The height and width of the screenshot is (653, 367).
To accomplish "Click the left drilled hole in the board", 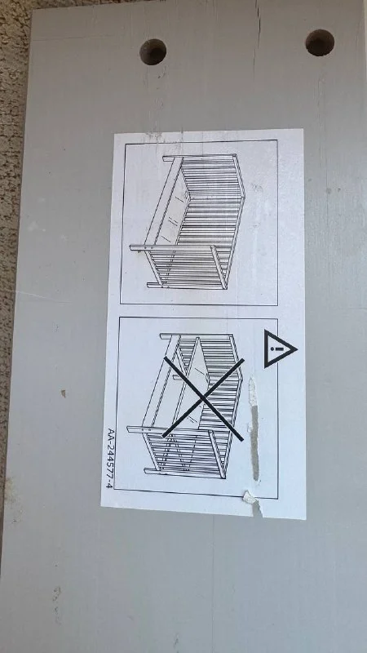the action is coord(153,52).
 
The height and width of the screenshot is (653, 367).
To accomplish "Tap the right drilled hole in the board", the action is coord(320,42).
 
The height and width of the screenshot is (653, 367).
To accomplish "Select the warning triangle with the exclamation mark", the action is coord(280,349).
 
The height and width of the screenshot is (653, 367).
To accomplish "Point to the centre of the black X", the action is coord(203,398).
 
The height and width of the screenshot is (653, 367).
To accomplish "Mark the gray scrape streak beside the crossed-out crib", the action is coord(254,429).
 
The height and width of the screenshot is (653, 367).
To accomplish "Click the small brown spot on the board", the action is coord(64,393).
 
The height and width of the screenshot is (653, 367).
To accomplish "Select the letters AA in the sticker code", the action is coord(111,434).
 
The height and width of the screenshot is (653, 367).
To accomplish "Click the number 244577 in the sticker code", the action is coord(109,460).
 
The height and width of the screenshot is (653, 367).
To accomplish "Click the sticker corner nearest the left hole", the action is coord(114,134).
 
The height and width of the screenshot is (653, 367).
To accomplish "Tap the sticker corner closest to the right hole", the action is coord(303,130).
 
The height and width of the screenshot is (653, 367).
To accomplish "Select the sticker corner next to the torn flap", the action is coord(306,519).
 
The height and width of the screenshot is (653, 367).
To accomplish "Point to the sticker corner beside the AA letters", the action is coord(101,506).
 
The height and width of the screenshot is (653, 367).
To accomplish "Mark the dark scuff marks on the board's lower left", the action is coord(56,600).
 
